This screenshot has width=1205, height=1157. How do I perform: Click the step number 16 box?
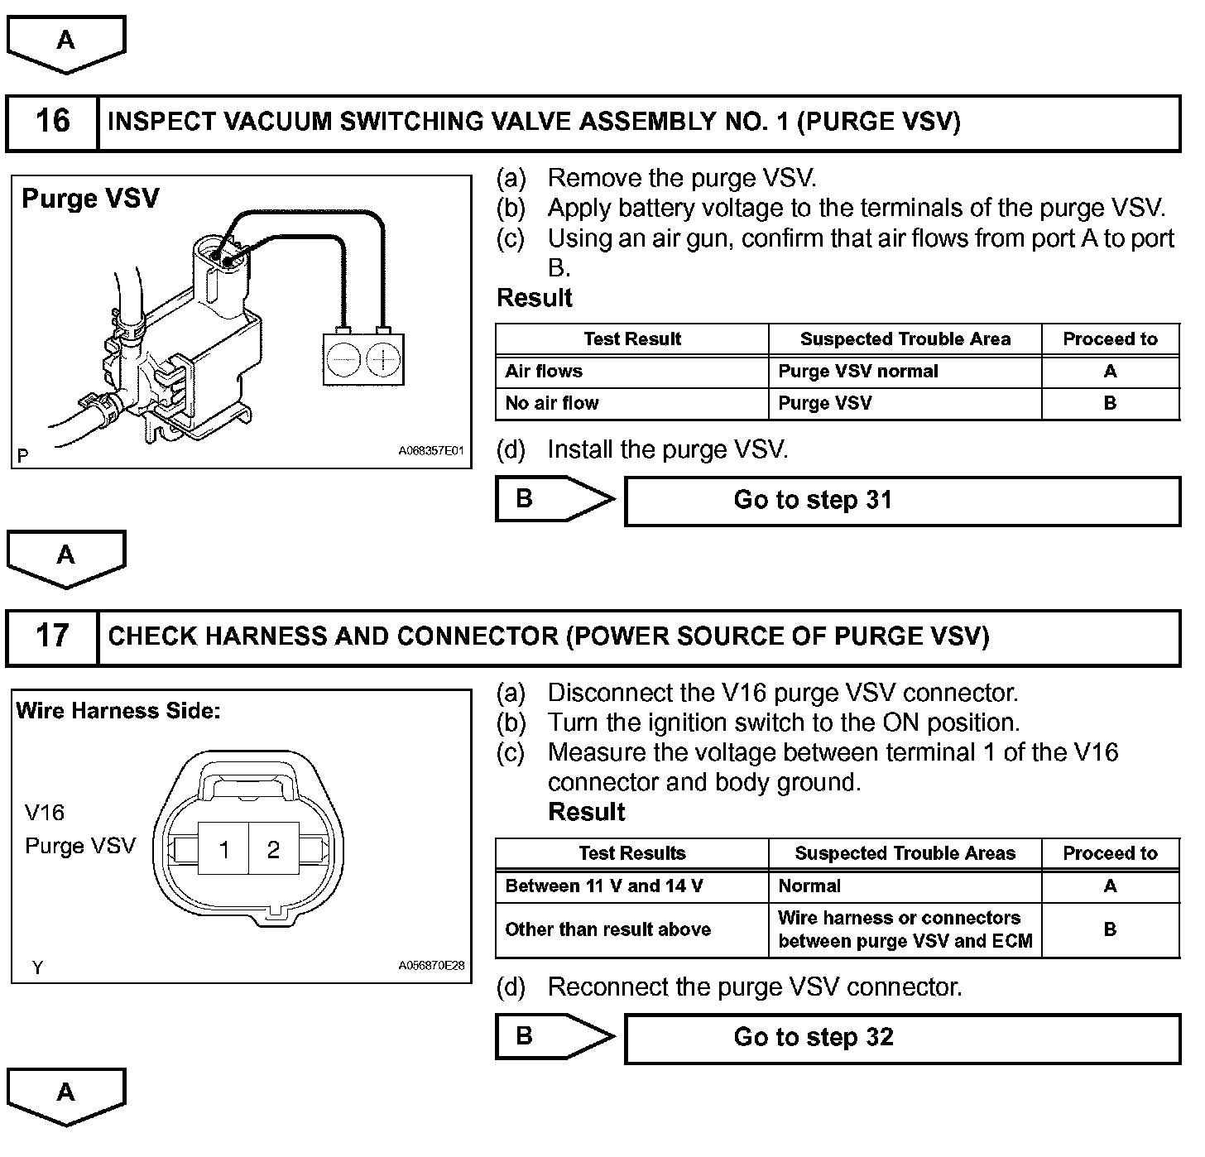(x=52, y=122)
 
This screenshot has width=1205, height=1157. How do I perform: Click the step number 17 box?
(x=52, y=636)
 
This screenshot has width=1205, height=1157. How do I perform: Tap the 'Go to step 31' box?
(x=902, y=501)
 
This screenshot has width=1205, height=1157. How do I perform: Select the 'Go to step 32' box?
(x=902, y=1038)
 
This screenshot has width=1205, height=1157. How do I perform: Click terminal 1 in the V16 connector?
(x=224, y=849)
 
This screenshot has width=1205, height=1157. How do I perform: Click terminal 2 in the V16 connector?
(x=274, y=849)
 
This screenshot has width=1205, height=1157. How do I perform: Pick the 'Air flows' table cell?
(x=631, y=372)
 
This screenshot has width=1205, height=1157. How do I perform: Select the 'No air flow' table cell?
(x=631, y=404)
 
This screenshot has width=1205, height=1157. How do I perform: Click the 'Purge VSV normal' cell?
(x=905, y=372)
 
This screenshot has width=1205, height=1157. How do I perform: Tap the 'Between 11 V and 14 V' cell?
(x=631, y=886)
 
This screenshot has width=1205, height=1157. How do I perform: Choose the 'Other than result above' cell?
(x=631, y=929)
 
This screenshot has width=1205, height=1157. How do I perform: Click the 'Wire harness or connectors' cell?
(x=905, y=929)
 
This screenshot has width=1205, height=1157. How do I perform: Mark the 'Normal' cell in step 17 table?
(x=905, y=886)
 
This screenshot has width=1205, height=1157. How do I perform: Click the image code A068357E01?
(x=431, y=452)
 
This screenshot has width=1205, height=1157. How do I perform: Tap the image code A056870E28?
(x=431, y=966)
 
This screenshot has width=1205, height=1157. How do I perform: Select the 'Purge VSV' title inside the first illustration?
(x=90, y=199)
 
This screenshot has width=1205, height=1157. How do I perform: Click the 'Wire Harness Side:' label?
(x=118, y=711)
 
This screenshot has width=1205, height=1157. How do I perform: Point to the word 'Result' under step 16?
(x=535, y=298)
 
